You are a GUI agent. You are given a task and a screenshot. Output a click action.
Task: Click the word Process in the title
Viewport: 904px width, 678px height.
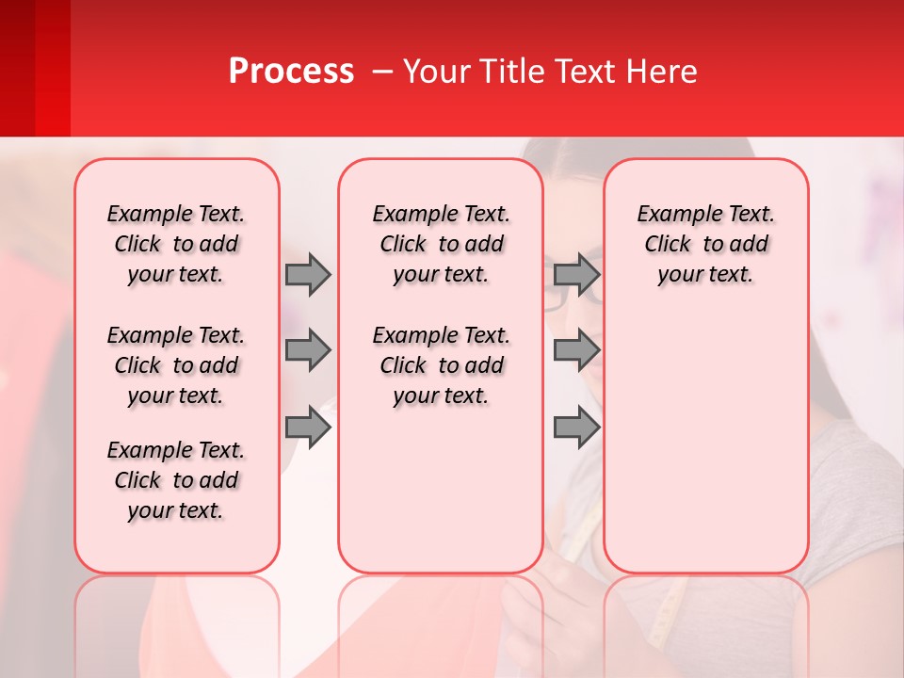click(291, 72)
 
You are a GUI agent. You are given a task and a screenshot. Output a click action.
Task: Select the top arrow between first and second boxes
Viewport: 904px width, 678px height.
click(308, 274)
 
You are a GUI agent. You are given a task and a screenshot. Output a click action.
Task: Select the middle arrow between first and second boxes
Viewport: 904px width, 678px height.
click(308, 350)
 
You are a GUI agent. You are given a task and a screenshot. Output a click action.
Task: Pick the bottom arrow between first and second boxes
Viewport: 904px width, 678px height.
click(308, 428)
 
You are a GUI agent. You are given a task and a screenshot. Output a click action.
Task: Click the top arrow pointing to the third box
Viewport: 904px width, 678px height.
click(576, 274)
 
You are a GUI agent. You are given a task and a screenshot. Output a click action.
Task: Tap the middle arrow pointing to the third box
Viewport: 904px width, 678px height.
click(576, 350)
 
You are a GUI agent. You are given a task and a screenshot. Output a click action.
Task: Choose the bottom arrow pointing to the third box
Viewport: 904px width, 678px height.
click(576, 428)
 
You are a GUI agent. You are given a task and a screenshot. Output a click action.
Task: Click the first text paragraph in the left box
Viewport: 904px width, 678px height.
click(176, 244)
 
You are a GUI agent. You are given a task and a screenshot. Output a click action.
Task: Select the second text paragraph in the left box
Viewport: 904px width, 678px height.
click(176, 365)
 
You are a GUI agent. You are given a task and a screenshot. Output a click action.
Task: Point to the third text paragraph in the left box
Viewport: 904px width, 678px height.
click(176, 480)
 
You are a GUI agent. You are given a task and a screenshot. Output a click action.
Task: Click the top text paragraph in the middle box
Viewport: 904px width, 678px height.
click(441, 244)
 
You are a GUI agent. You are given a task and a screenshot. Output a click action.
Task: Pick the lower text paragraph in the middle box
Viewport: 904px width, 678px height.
click(441, 365)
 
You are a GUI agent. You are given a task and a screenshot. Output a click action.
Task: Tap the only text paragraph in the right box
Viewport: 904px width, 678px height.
click(705, 244)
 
